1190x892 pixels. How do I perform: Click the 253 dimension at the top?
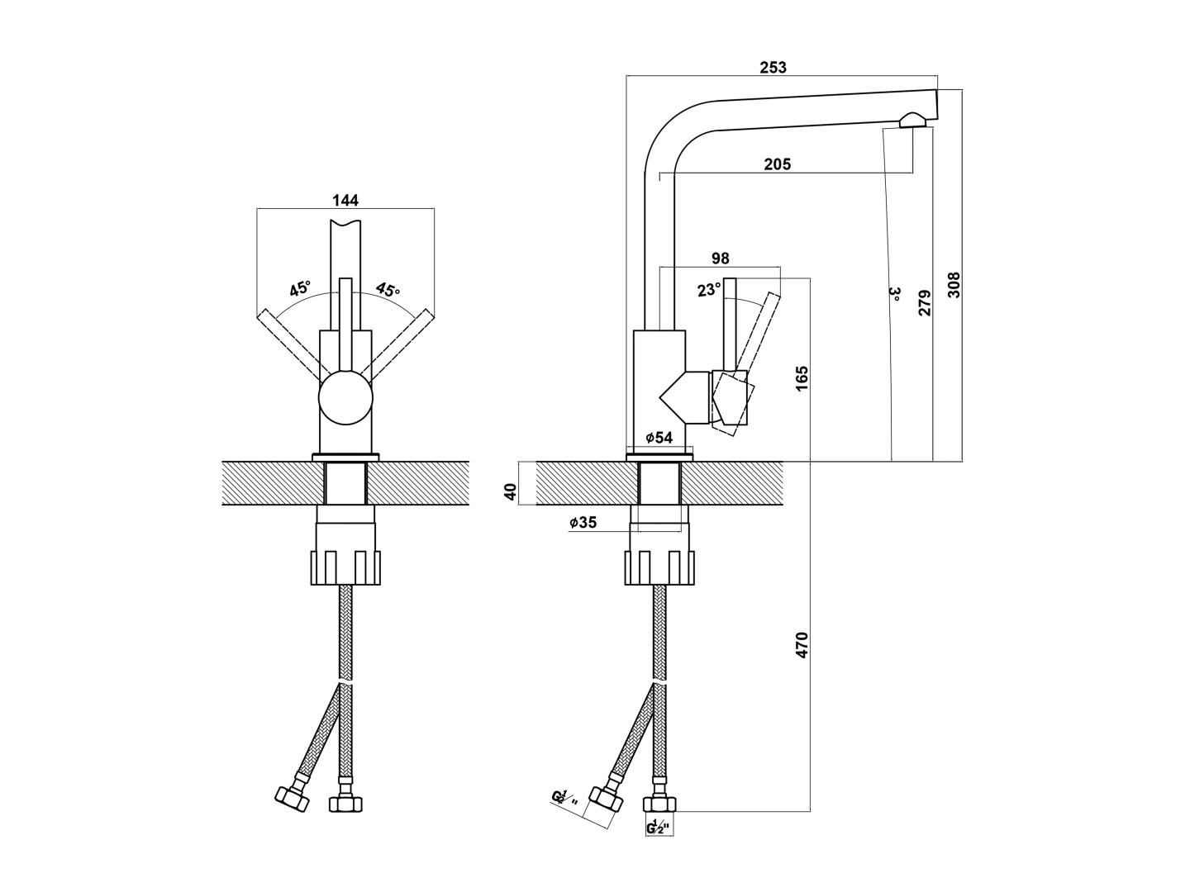[x=773, y=68]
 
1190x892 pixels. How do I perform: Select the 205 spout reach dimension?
[x=777, y=164]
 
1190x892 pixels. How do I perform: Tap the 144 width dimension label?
[x=345, y=200]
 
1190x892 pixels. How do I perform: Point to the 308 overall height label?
[x=954, y=285]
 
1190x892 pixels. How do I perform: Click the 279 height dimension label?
[x=925, y=302]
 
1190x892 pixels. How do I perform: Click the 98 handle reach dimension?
[x=720, y=259]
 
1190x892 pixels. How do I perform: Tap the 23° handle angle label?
[x=708, y=290]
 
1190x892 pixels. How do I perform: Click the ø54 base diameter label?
[x=659, y=438]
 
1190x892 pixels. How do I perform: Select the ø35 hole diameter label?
[x=583, y=522]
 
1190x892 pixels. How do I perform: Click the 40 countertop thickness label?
[x=510, y=492]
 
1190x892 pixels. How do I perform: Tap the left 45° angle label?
[x=300, y=289]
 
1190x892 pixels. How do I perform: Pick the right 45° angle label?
[x=388, y=289]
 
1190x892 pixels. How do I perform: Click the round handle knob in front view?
[x=345, y=399]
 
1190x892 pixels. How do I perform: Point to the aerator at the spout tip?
[x=913, y=121]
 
